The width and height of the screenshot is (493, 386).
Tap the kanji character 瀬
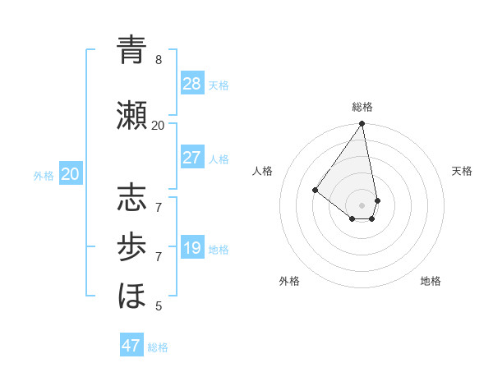point(131,114)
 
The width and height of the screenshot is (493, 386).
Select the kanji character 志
point(131,200)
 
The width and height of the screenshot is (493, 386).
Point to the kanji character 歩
point(131,246)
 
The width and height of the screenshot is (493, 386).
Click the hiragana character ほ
point(131,294)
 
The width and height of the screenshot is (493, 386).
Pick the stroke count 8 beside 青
point(159,60)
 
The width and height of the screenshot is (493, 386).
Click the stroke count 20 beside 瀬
point(159,125)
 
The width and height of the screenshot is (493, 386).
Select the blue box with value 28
point(192,83)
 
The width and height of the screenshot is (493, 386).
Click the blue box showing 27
point(192,158)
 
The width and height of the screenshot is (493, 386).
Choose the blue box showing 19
point(192,248)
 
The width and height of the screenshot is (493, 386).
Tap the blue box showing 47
point(131,346)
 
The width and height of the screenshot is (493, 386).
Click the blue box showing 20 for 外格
point(71,174)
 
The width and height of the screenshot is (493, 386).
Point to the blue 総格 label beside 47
point(158,347)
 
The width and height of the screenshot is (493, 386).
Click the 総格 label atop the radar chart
point(362,107)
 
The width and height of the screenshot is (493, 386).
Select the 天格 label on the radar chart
point(462,171)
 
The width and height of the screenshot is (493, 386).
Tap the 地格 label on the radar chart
point(431,281)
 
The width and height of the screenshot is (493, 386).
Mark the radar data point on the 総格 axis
point(362,124)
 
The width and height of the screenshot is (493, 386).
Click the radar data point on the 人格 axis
point(315,190)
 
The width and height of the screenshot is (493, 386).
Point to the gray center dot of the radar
point(362,204)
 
